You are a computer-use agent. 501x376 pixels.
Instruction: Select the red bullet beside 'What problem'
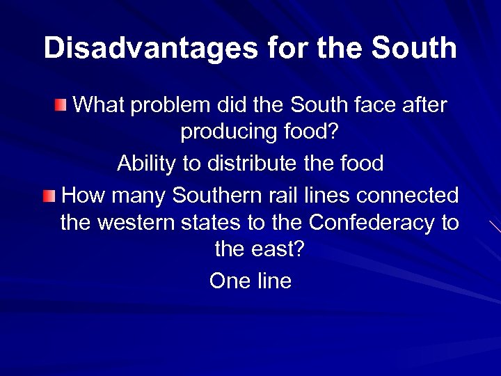click(63, 106)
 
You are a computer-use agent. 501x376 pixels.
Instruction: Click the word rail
click(281, 196)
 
